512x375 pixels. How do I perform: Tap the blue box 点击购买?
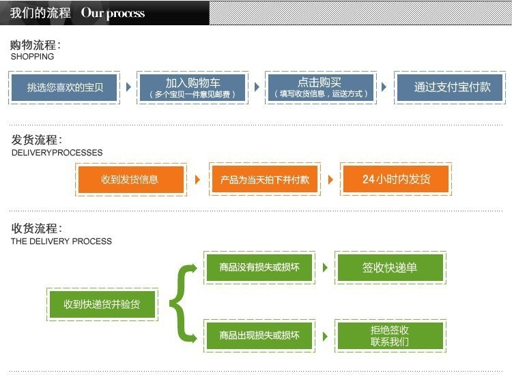(319, 87)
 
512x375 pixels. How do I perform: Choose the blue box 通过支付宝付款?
(451, 87)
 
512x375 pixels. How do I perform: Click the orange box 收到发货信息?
(130, 179)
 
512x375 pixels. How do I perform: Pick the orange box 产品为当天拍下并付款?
(264, 179)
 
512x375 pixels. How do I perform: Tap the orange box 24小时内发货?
(396, 179)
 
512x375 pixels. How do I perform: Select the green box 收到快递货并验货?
(102, 304)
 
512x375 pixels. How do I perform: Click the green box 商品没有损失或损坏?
(259, 267)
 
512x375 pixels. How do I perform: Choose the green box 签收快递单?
(389, 267)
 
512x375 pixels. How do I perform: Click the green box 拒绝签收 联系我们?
(389, 335)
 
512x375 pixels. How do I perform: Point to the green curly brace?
(182, 303)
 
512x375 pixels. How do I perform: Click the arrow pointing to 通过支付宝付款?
(384, 87)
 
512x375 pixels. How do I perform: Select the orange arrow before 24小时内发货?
(330, 179)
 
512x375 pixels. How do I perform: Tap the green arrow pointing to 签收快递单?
(324, 267)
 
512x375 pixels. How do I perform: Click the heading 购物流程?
(35, 45)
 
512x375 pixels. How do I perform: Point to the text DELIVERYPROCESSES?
(57, 153)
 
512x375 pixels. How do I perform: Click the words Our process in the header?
(113, 13)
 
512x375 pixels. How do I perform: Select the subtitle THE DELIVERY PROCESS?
(61, 241)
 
